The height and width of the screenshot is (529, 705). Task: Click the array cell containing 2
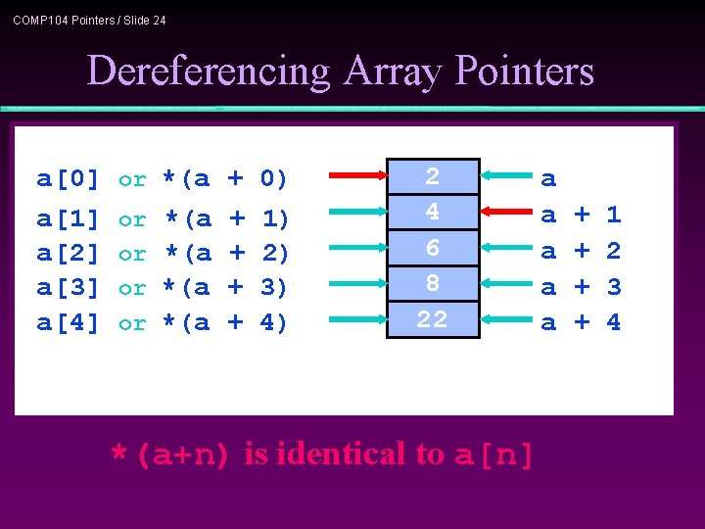click(432, 177)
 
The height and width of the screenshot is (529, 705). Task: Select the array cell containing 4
click(432, 213)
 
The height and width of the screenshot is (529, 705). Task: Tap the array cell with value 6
click(432, 248)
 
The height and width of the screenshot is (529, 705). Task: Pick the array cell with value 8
click(432, 283)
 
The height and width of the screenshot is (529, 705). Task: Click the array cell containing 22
click(432, 319)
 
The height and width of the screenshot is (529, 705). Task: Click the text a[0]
click(69, 179)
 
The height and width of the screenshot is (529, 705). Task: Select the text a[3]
click(69, 288)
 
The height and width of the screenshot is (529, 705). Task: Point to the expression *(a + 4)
click(224, 323)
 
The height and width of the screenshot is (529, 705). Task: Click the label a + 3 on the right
click(582, 288)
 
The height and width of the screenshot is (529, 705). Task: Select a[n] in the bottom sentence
click(494, 456)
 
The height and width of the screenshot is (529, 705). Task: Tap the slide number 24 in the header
click(158, 20)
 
